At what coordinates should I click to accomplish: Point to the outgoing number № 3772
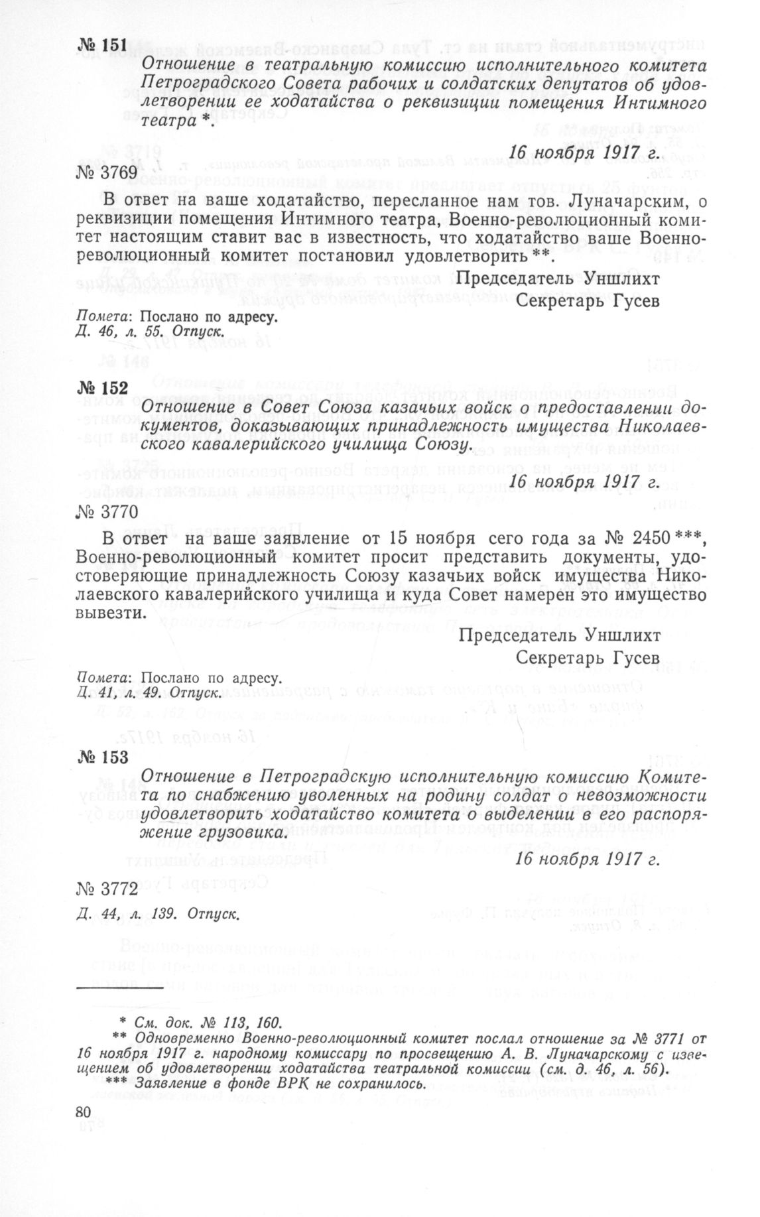[x=107, y=888]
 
